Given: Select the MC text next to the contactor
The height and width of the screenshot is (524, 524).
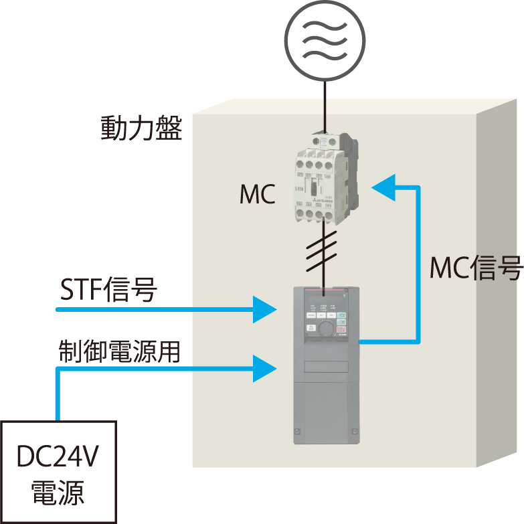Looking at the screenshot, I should pos(258,195).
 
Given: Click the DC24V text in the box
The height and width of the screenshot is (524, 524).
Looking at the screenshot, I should pos(59,458).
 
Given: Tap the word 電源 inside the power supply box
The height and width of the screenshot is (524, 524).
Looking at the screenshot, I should pos(58,494).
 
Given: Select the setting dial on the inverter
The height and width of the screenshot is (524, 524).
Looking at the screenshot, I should pos(325,328).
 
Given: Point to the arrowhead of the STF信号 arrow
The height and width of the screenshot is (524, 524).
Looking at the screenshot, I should pos(266,309).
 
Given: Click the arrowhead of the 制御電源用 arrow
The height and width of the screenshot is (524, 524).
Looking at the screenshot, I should pos(266,367).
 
